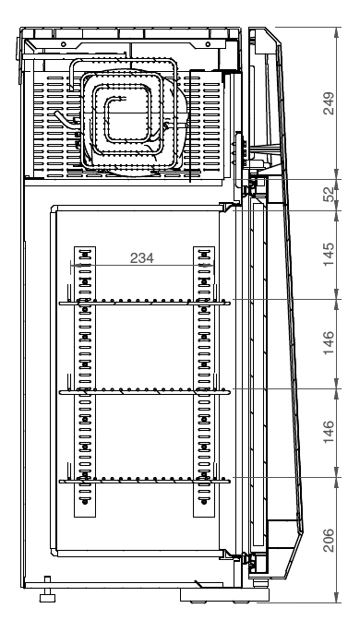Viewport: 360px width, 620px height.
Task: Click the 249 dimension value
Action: [329, 103]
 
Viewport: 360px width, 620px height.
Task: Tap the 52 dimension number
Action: [329, 194]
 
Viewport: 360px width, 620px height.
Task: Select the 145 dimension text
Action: [329, 255]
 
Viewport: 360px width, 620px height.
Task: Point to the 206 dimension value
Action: [329, 540]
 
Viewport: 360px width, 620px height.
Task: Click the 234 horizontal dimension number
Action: [141, 257]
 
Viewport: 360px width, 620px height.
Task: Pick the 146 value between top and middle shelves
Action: [329, 343]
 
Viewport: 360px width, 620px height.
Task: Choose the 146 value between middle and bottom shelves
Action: [329, 432]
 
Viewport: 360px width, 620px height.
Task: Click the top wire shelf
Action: [145, 304]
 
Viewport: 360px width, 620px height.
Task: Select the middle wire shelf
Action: [145, 392]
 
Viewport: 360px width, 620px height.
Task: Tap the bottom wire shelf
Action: [145, 481]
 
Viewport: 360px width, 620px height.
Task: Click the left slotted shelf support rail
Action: [85, 382]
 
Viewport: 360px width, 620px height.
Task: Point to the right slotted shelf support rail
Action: [204, 382]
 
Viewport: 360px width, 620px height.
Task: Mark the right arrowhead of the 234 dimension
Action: [208, 266]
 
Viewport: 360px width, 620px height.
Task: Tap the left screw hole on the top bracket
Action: [64, 44]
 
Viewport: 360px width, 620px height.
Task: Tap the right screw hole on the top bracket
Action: [208, 44]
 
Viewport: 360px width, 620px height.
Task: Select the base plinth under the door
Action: [224, 595]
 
